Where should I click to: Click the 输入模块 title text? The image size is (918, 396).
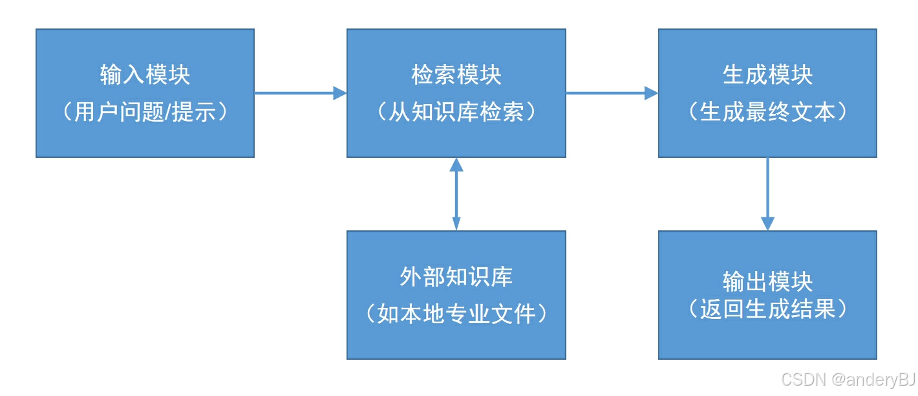[145, 75]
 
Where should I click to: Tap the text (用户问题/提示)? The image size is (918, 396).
[145, 113]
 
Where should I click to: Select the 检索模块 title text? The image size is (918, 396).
[456, 75]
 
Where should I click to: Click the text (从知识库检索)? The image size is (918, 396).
[456, 113]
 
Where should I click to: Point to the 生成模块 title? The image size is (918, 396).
[767, 75]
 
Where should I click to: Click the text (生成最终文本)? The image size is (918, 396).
[767, 113]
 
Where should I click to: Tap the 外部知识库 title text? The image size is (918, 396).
[456, 277]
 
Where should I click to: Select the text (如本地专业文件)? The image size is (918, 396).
[456, 314]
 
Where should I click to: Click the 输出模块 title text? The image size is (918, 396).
[767, 282]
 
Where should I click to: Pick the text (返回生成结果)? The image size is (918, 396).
[767, 309]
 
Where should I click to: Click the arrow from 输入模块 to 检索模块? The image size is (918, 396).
[297, 93]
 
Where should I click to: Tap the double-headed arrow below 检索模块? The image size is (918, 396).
[456, 194]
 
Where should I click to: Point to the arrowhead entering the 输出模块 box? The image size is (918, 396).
[767, 224]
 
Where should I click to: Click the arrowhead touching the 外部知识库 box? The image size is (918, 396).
[456, 223]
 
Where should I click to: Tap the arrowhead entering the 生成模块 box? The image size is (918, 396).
[651, 93]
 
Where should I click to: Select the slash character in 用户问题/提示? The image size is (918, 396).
[169, 113]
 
